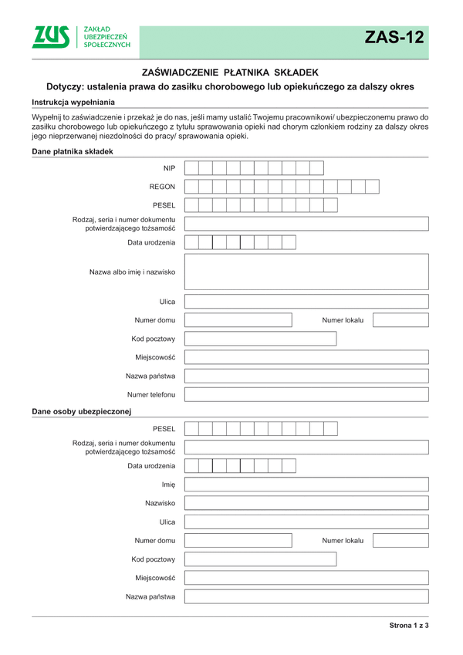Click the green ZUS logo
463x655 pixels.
tap(51, 37)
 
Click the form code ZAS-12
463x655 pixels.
tap(394, 38)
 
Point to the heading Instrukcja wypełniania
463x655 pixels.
tap(73, 102)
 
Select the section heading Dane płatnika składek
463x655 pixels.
tap(73, 151)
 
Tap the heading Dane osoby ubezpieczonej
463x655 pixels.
tap(83, 410)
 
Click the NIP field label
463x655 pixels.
tap(169, 168)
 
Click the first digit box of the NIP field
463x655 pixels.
tap(192, 168)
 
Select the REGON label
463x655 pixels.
tap(162, 187)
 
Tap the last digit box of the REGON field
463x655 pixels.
tap(372, 187)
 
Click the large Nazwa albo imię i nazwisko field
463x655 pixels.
tap(306, 272)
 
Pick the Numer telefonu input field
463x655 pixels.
tap(306, 395)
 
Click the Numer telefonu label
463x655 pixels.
tap(151, 395)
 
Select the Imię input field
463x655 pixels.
tap(306, 484)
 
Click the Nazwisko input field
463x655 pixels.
tap(306, 503)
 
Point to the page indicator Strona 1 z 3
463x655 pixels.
tap(408, 625)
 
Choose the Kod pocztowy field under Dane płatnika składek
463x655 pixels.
tap(260, 339)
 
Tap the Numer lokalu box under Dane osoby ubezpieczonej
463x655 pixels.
tap(400, 540)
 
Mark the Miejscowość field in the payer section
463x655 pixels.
tap(306, 357)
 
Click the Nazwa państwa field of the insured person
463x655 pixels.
tap(306, 596)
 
